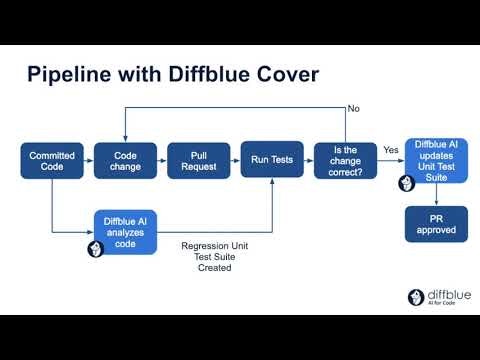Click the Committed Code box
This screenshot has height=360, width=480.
pos(51,161)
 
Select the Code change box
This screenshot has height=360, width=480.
pos(123,161)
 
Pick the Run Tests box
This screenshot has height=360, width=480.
pos(272,161)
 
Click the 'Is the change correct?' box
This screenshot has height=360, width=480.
pos(345,161)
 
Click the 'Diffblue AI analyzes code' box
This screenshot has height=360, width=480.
pos(124,232)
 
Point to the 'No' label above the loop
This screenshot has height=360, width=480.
pos(353,108)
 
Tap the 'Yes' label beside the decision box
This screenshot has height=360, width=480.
pos(391,149)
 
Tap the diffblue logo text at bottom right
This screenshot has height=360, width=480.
pos(445,296)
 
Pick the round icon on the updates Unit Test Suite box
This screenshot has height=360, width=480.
pos(407,184)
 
